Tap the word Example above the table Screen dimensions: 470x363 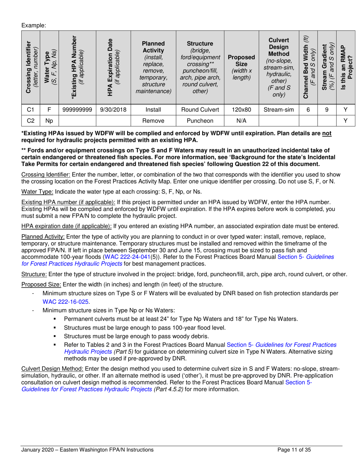point(34,25)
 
